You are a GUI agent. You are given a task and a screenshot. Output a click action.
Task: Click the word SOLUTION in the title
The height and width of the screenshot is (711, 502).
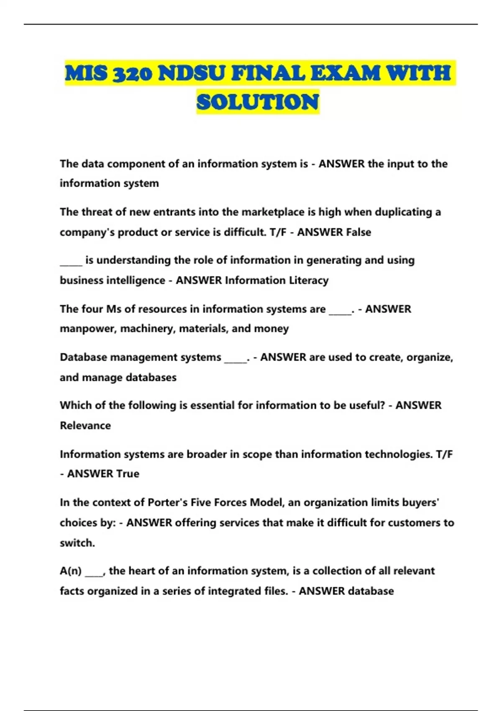258,102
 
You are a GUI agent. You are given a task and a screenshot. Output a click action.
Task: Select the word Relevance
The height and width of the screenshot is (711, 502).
85,426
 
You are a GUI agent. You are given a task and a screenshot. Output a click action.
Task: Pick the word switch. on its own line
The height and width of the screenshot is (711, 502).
77,543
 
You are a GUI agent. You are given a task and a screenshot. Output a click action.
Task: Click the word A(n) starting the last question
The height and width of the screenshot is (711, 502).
71,571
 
